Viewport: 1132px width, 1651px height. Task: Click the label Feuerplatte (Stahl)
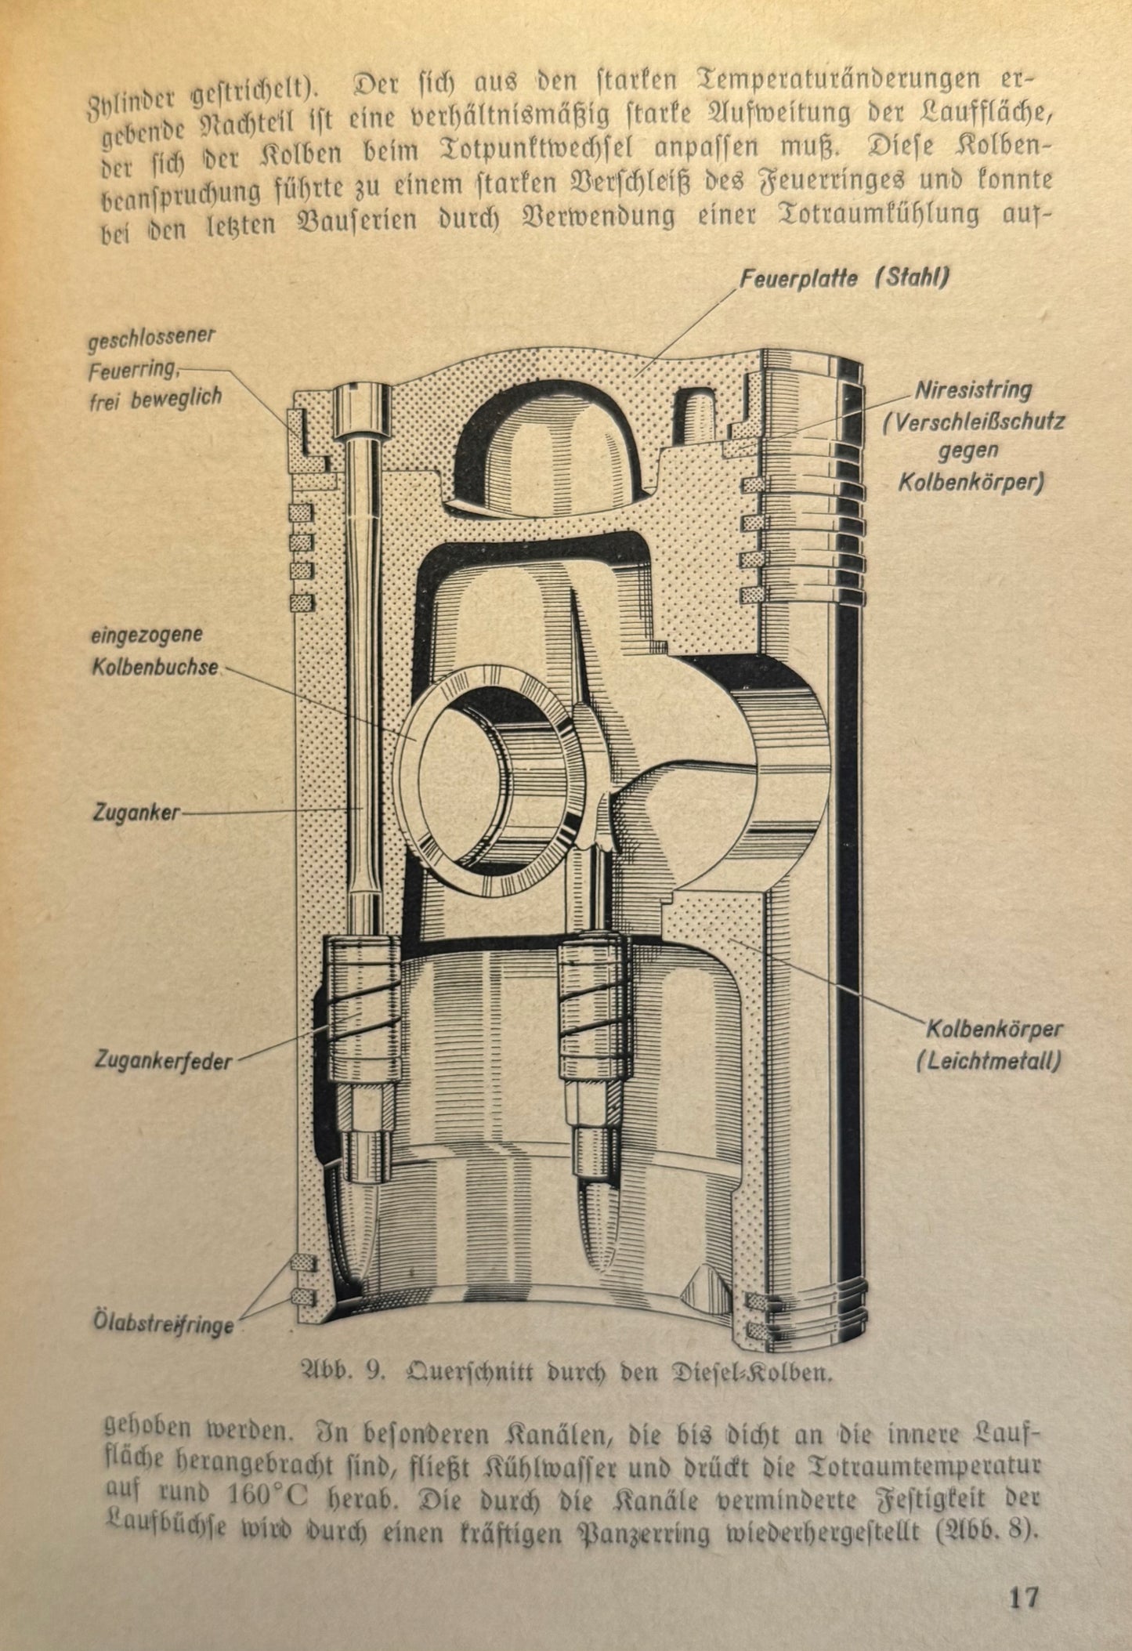pyautogui.click(x=846, y=278)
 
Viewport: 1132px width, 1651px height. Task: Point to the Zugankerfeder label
pyautogui.click(x=164, y=1062)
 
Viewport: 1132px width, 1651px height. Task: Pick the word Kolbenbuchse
pyautogui.click(x=155, y=668)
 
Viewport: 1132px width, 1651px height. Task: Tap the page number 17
pyautogui.click(x=1023, y=1595)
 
